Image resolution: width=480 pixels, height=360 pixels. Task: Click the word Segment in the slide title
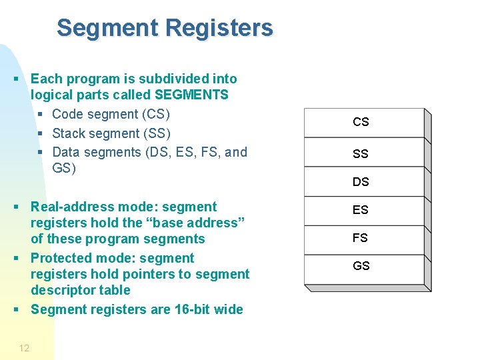pyautogui.click(x=107, y=28)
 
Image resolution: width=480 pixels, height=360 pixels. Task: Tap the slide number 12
pyautogui.click(x=24, y=348)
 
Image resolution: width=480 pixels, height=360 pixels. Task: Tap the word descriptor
pyautogui.click(x=63, y=290)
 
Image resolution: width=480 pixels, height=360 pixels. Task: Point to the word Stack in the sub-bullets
pyautogui.click(x=69, y=133)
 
